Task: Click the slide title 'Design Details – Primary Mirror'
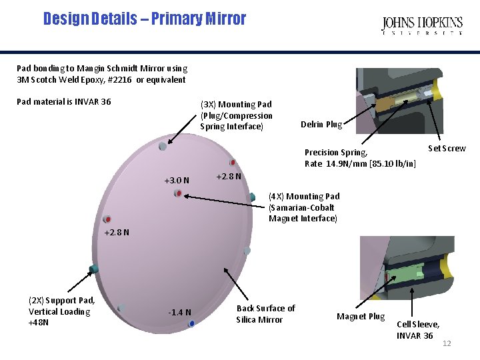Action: (x=145, y=19)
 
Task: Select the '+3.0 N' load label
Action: (x=177, y=181)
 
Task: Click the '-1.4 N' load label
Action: (x=179, y=312)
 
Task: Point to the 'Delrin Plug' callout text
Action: (x=321, y=125)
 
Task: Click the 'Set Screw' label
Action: (x=447, y=148)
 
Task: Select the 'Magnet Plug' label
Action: (x=361, y=317)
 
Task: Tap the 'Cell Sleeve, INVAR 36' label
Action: (x=418, y=330)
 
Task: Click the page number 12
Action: (x=447, y=343)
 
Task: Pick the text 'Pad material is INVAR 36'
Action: (x=64, y=102)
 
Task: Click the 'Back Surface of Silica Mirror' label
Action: (x=265, y=314)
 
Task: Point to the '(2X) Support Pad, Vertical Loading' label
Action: (x=61, y=311)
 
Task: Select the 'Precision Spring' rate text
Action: (x=360, y=158)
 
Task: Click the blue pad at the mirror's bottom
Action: (x=192, y=323)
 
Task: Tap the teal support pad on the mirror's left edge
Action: (x=93, y=269)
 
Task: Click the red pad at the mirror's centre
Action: (x=178, y=193)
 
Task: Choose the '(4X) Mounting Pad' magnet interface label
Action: (x=303, y=207)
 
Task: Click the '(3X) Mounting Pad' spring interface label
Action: (x=236, y=115)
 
